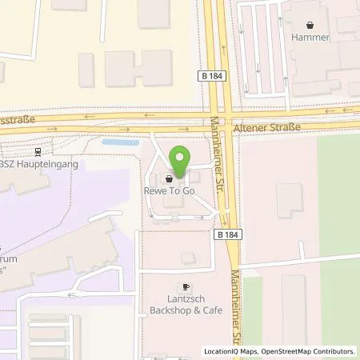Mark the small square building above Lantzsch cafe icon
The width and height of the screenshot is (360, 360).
coord(187,258)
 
